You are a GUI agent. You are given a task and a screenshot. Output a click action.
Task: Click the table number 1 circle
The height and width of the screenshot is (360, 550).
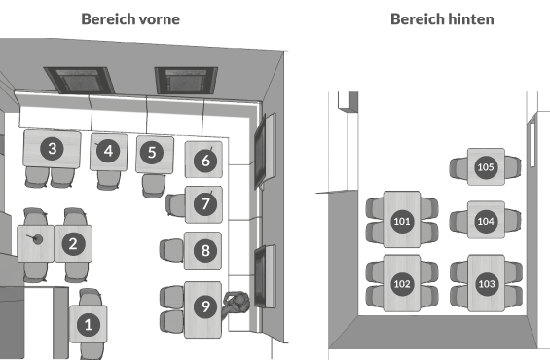88,325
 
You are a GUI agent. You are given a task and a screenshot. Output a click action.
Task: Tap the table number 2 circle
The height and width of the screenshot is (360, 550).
73,243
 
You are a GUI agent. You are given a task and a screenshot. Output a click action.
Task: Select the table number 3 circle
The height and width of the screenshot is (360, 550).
52,149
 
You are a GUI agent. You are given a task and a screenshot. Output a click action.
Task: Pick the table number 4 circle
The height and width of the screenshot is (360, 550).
108,151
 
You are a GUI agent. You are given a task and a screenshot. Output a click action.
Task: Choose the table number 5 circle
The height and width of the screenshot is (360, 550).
152,153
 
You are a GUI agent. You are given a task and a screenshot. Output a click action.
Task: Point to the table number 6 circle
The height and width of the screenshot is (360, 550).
205,161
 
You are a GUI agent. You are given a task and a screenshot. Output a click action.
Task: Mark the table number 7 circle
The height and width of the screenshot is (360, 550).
205,203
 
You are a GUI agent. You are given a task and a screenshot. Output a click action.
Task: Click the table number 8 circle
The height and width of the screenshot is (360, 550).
205,250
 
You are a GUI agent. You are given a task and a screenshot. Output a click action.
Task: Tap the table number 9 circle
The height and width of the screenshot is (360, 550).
205,306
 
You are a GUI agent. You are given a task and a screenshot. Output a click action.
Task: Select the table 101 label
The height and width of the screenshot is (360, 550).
402,221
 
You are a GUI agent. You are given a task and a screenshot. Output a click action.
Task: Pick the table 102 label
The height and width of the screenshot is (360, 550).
402,284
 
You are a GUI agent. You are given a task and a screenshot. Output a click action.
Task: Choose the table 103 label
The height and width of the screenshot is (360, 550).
487,284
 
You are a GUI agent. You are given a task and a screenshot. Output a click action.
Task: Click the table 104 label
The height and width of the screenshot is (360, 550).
486,221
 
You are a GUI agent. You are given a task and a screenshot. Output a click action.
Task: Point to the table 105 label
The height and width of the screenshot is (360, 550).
486,167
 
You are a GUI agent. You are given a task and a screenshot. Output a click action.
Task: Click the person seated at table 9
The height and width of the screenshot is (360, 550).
237,304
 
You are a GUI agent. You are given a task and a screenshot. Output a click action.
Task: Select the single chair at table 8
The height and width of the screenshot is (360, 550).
171,250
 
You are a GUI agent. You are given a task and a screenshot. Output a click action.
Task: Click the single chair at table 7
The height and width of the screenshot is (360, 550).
175,204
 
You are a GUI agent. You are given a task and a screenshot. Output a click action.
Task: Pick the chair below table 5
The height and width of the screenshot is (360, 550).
154,186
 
